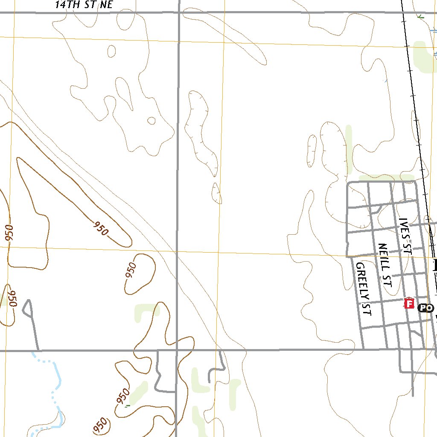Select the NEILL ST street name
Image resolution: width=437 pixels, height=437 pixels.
click(x=385, y=265)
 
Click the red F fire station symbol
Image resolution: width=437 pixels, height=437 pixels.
click(x=409, y=303)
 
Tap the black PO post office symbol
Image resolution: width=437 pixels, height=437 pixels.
click(x=425, y=308)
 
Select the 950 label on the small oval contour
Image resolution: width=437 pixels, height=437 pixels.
click(x=131, y=271)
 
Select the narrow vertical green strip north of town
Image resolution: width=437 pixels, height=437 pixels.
click(x=349, y=149)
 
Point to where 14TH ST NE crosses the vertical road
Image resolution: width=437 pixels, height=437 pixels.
click(x=179, y=13)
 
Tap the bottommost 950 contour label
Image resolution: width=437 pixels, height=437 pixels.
click(x=101, y=425)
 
